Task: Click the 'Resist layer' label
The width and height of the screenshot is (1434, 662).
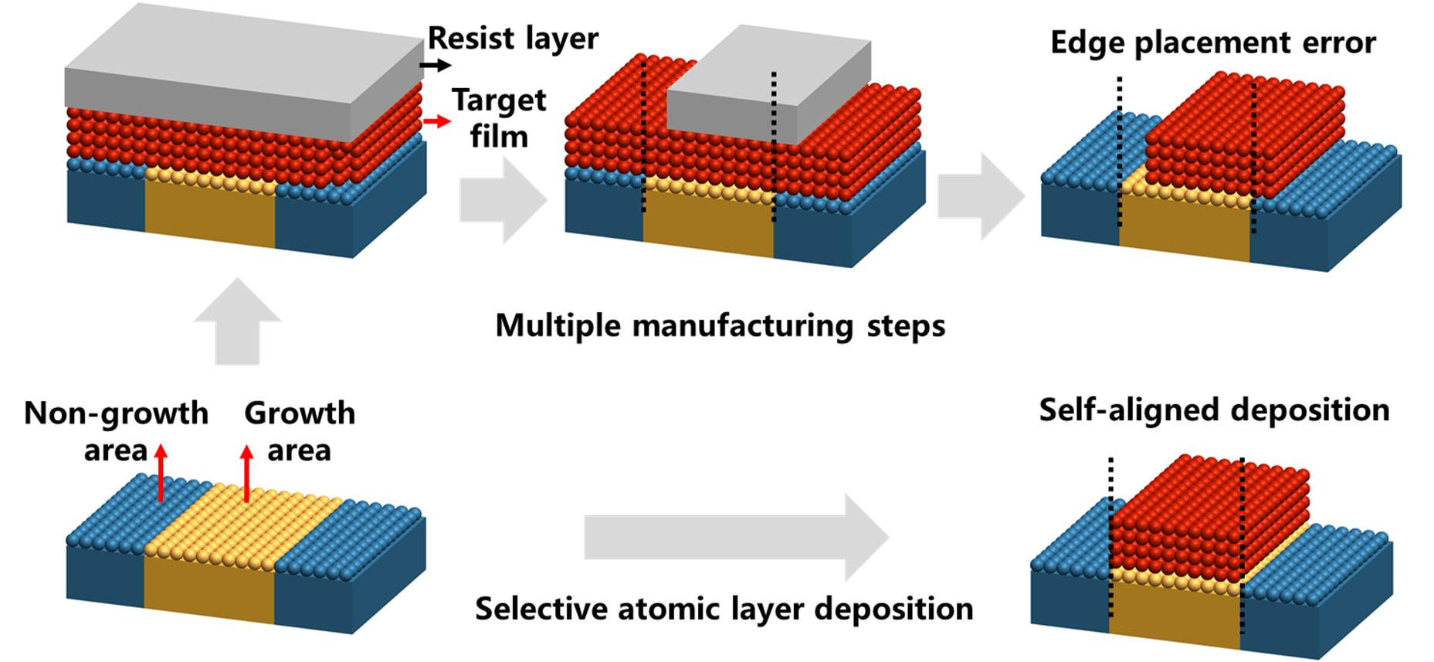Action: [x=513, y=39]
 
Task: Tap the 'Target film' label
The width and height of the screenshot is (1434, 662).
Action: [x=499, y=118]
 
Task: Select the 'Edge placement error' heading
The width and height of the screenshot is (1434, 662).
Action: [x=1212, y=42]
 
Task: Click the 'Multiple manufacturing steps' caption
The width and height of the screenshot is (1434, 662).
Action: [x=720, y=325]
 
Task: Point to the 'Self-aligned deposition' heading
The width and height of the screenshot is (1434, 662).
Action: [x=1214, y=410]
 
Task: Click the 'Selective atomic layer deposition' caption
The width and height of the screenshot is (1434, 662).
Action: [x=724, y=609]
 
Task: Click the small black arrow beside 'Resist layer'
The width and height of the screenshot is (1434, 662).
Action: [x=436, y=65]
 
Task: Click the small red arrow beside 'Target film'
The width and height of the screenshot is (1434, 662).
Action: [x=437, y=121]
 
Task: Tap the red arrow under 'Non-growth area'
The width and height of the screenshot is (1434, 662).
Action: [x=161, y=473]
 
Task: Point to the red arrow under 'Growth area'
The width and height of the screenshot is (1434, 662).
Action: [x=247, y=473]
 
